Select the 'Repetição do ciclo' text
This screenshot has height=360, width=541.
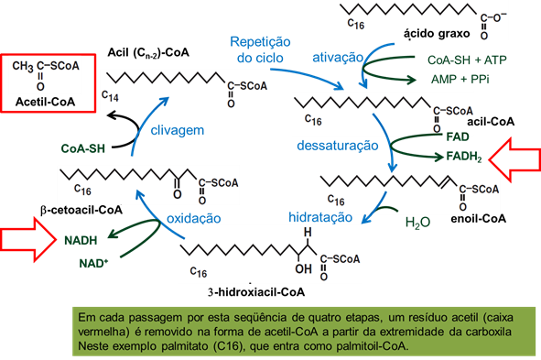[260, 50]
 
